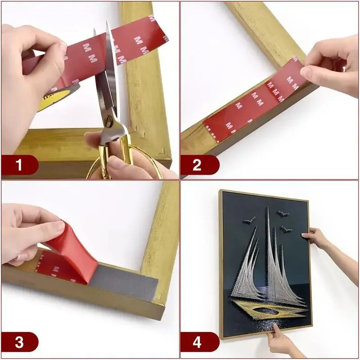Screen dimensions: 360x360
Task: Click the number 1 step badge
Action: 19,165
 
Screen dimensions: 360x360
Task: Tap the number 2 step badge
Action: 197,165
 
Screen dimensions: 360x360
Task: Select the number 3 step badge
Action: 19,342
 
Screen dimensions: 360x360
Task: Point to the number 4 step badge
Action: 197,342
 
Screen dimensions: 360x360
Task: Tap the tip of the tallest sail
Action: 267,208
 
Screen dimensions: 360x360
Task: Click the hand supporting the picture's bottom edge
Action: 281,342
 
